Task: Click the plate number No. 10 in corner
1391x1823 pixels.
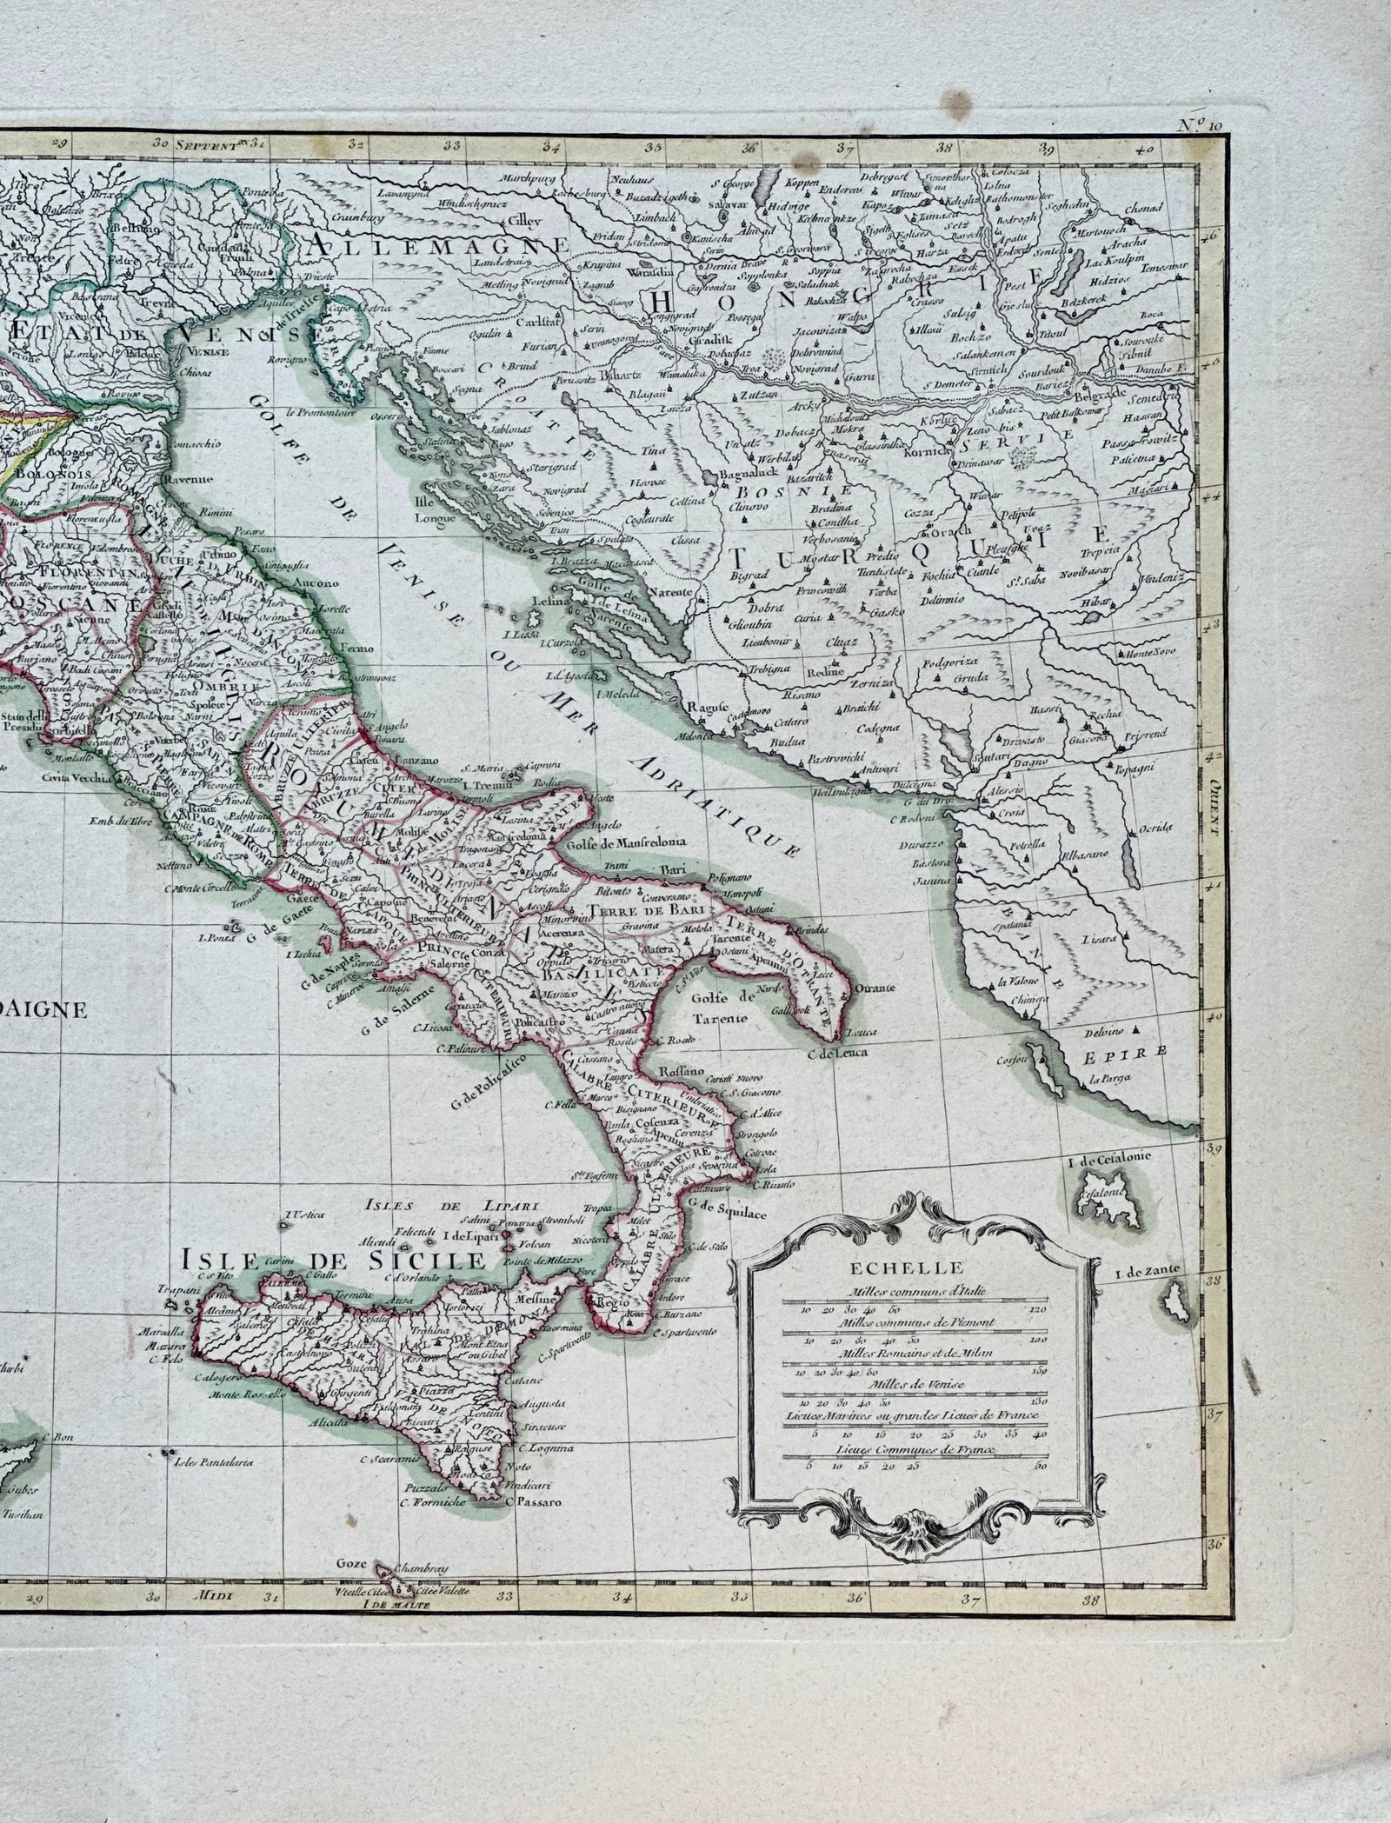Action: point(1201,124)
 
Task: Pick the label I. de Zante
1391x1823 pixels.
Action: point(1147,1272)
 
